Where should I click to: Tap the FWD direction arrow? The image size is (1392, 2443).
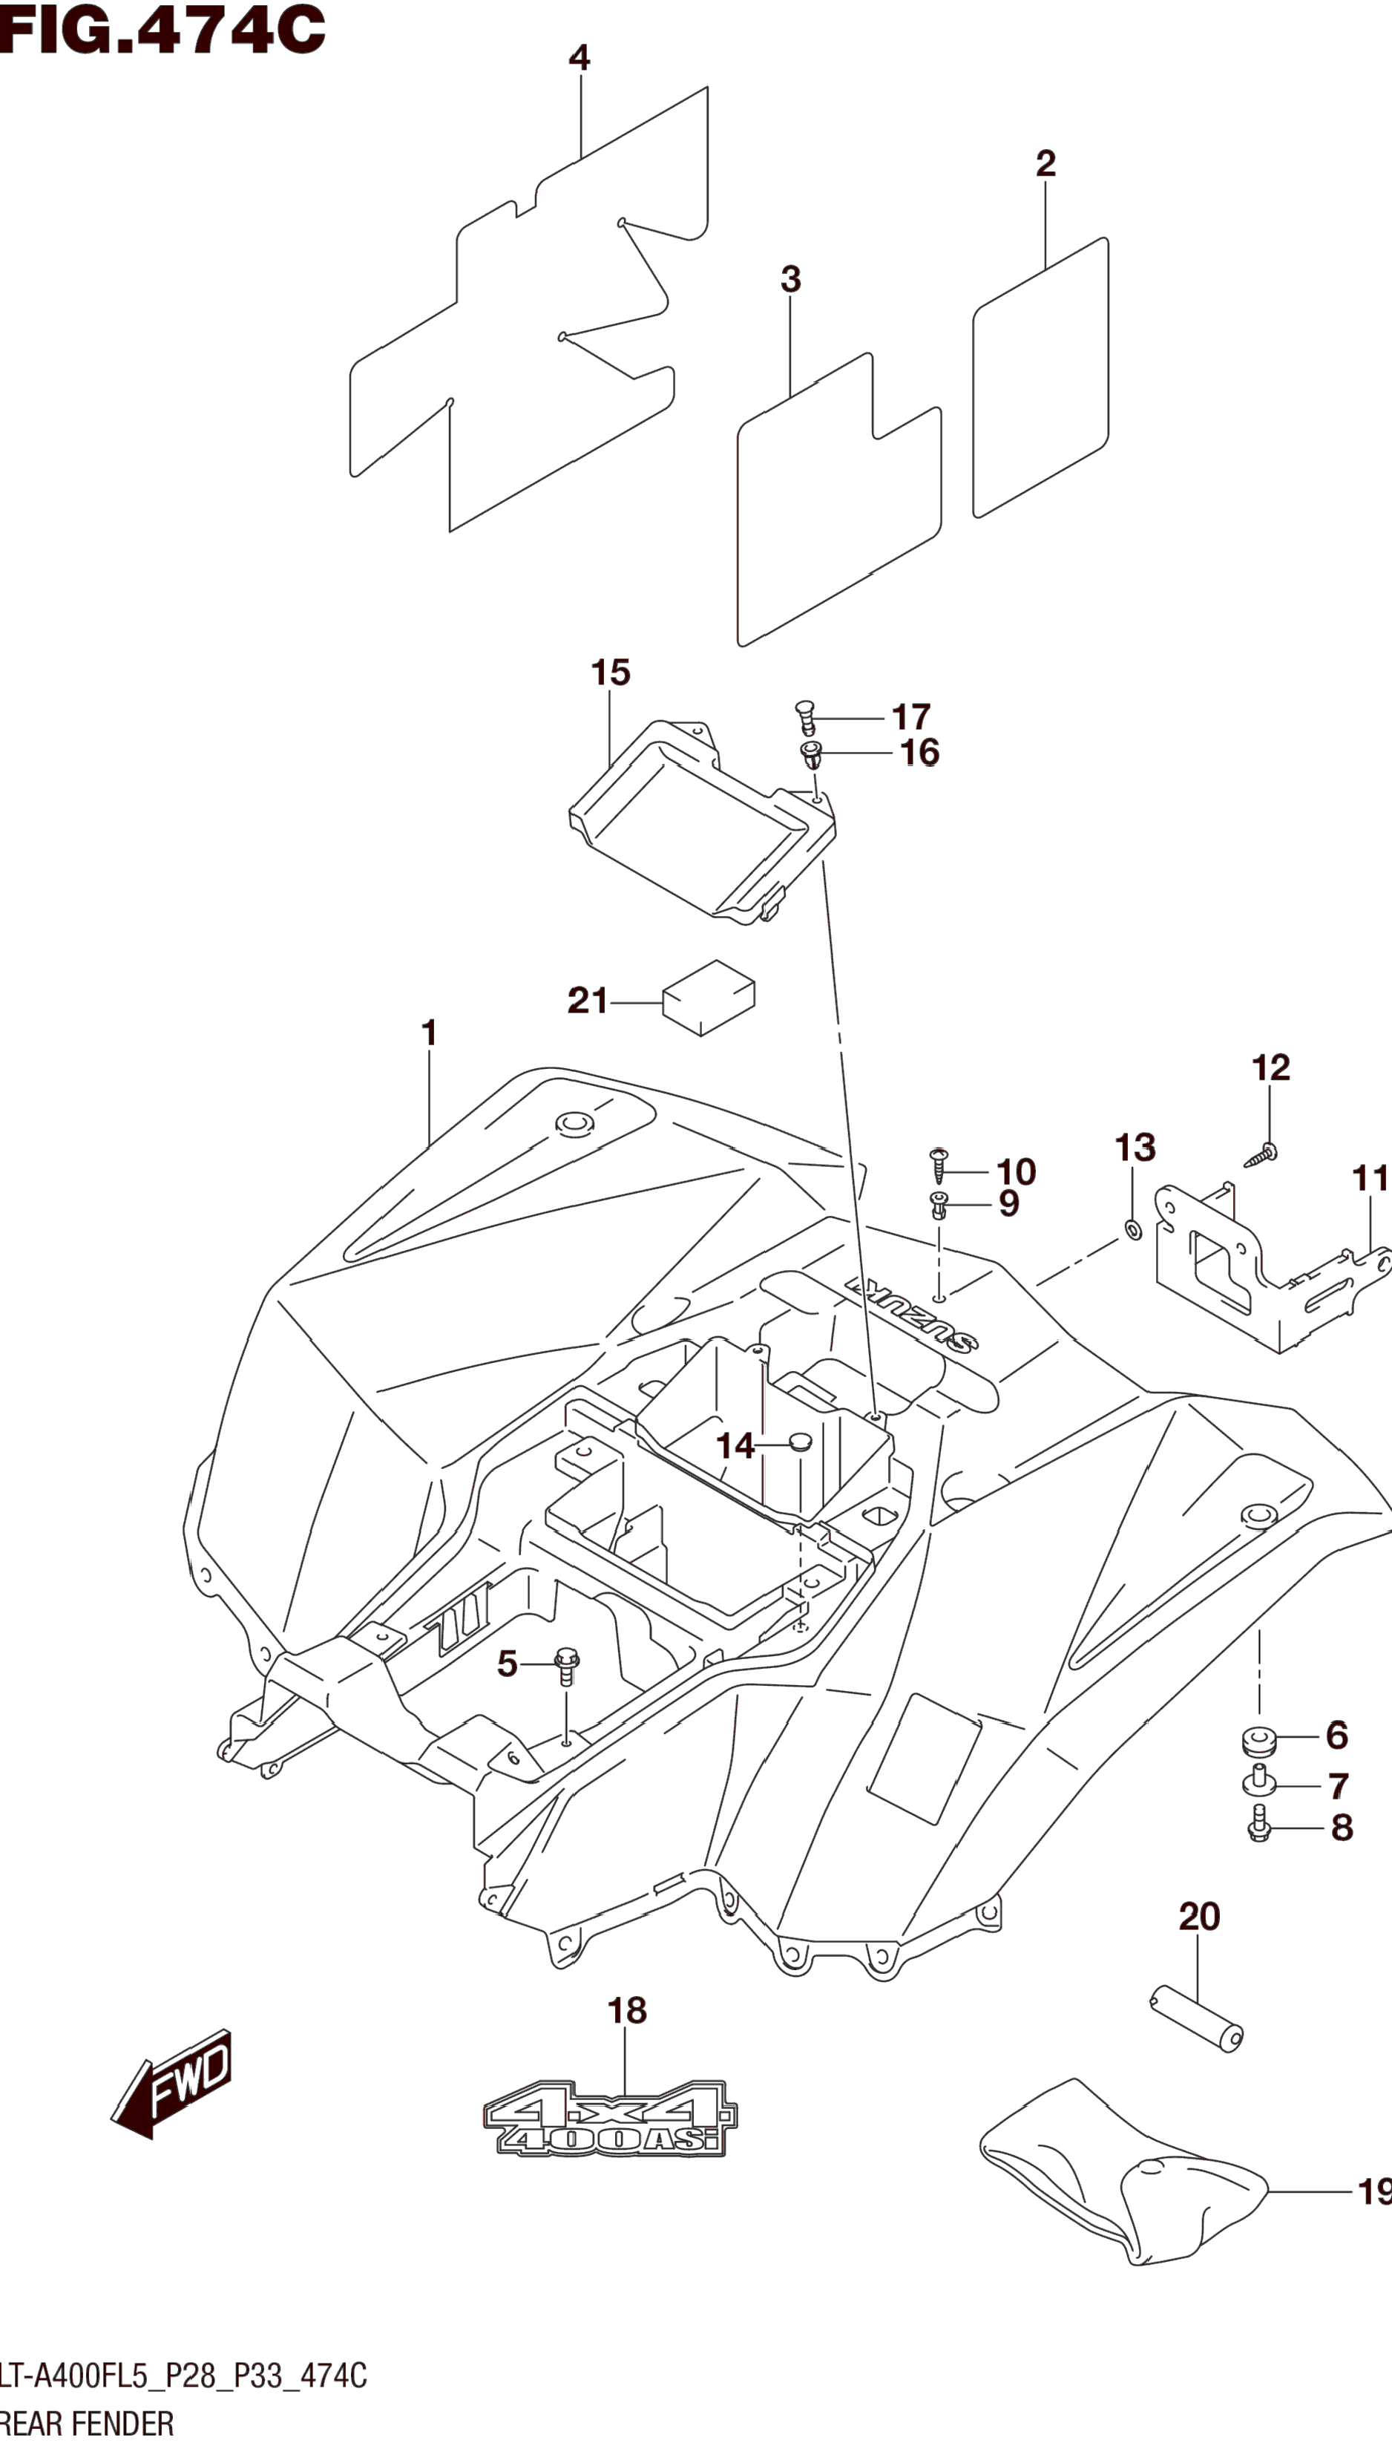tap(172, 2084)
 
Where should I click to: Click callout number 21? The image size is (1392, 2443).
tap(587, 1001)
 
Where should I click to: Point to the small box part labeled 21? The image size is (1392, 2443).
tap(709, 997)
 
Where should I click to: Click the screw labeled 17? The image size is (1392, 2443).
tap(806, 717)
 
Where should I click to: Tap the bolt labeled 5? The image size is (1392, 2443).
tap(567, 1666)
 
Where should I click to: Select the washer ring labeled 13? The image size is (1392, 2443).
tap(1134, 1229)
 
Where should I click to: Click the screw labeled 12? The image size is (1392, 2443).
tap(1262, 1155)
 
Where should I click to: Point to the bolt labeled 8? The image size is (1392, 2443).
tap(1259, 1827)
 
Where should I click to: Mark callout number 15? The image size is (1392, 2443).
tap(610, 673)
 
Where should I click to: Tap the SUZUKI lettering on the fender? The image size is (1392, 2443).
tap(911, 1315)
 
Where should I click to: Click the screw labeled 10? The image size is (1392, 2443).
tap(939, 1165)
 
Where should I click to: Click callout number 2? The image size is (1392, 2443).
tap(1046, 163)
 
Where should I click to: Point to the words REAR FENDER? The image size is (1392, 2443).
tap(87, 2423)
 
